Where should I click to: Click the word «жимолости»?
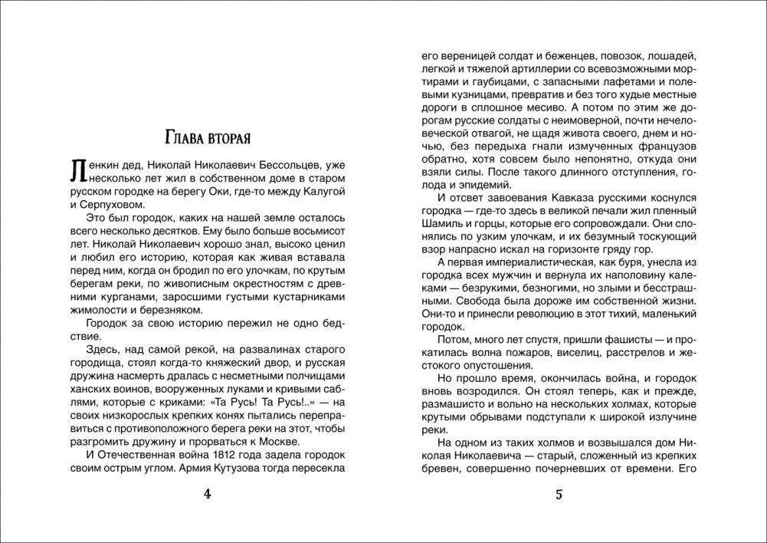[95, 311]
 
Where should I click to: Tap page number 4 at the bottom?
[206, 494]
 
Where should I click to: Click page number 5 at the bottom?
[559, 494]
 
